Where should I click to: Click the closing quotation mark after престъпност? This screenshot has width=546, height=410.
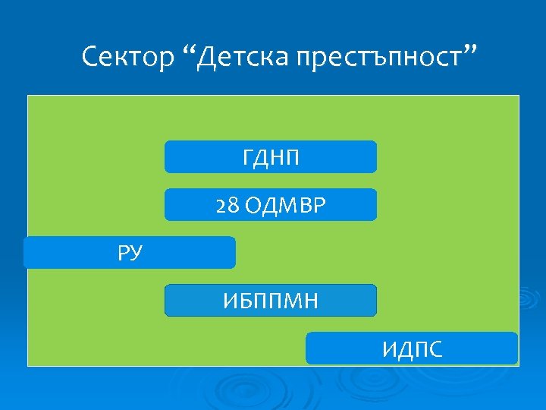[x=471, y=50]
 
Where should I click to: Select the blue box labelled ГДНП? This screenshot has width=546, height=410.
[x=270, y=157]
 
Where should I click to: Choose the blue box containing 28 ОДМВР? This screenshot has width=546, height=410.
[x=270, y=205]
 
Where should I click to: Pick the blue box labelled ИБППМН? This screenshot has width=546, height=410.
[x=270, y=301]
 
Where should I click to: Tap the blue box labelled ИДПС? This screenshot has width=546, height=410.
[x=412, y=348]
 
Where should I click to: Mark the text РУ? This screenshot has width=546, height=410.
[x=130, y=253]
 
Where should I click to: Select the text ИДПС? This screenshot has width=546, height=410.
[x=413, y=349]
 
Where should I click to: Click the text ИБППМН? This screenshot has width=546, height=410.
[x=271, y=301]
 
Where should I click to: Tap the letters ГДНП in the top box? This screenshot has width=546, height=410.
[x=271, y=158]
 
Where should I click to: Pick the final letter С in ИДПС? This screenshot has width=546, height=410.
[x=435, y=349]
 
